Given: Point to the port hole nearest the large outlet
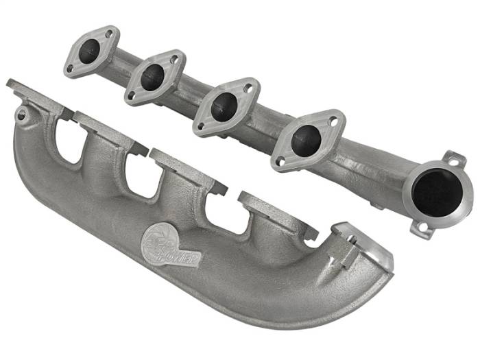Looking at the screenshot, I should pos(306,140).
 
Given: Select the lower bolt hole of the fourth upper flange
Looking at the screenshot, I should pos(280,162).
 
